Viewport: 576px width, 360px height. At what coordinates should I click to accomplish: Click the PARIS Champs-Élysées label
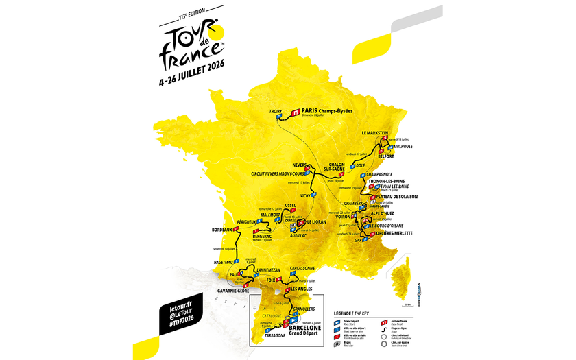click(327, 110)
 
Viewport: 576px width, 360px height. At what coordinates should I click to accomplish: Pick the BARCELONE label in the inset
click(305, 328)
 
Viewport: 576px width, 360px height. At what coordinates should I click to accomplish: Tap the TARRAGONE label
click(269, 336)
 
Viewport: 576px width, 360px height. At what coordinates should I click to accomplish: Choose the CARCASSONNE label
click(302, 269)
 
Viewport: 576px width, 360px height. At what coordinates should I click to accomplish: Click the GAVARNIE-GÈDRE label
click(235, 291)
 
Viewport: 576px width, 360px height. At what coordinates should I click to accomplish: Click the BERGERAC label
click(267, 235)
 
